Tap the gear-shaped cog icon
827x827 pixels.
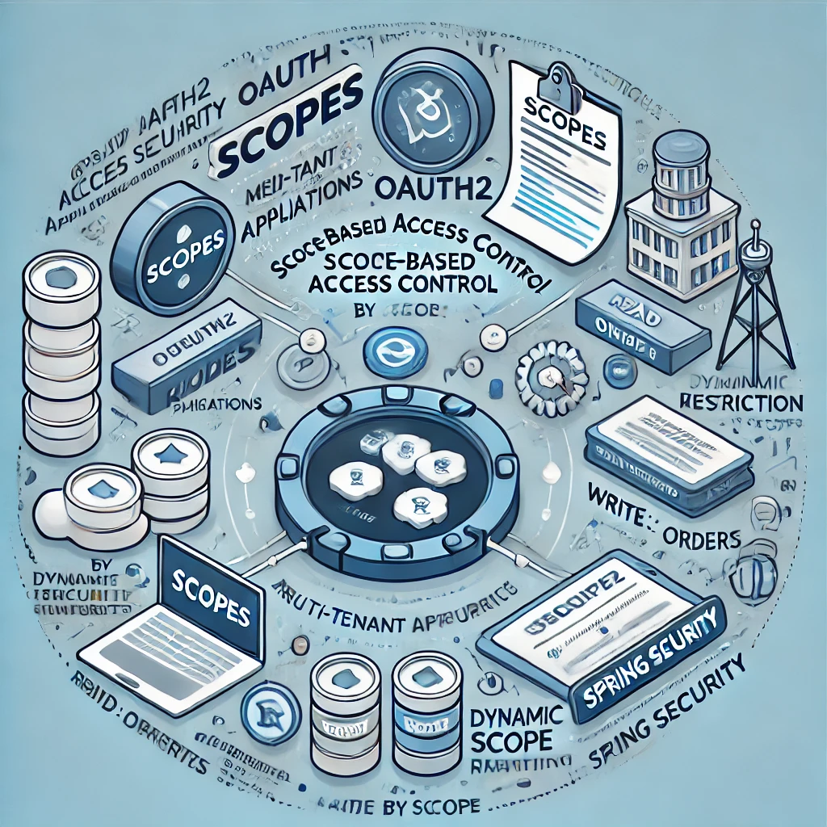552,374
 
